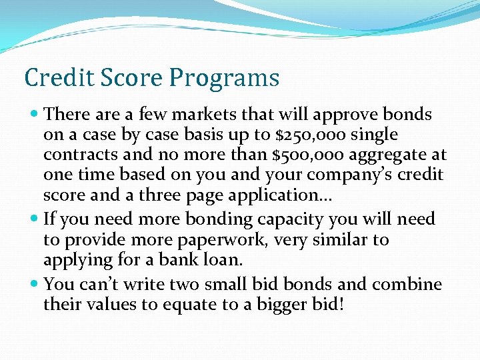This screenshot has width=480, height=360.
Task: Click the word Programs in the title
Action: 224,79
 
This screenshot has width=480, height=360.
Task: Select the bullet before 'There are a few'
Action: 34,115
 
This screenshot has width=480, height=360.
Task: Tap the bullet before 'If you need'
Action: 34,219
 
